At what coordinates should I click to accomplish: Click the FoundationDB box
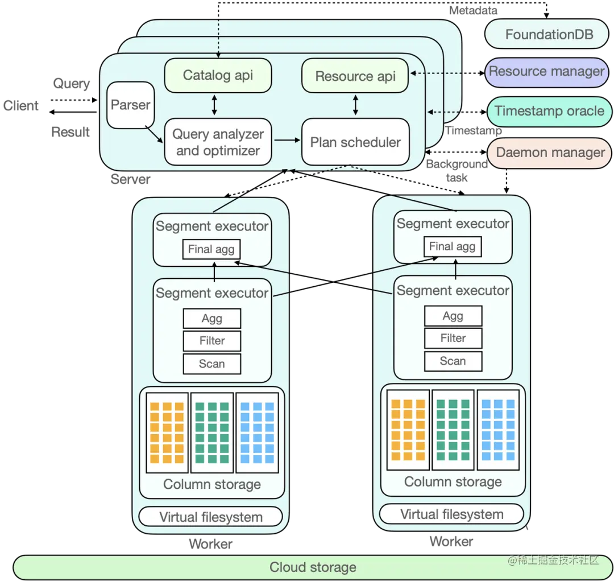547,34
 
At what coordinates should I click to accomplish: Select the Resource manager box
547,72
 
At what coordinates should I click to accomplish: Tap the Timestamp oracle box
549,112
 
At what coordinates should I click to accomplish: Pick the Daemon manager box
549,153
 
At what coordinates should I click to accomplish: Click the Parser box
130,105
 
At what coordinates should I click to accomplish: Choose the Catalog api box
218,75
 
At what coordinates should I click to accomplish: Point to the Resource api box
355,76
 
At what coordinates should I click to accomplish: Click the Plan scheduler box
355,142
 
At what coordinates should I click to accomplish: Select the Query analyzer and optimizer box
218,142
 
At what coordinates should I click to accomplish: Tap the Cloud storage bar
313,567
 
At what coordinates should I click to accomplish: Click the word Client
21,106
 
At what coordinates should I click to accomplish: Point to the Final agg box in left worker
211,249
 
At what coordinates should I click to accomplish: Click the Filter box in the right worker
453,338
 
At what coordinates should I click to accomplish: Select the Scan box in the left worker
212,364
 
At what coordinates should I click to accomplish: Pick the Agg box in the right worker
453,316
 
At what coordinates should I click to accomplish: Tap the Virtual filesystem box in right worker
451,514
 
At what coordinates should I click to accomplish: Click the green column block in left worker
212,433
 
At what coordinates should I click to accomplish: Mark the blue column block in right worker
498,430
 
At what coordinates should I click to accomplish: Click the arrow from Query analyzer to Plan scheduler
287,140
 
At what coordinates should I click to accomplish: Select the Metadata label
473,11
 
